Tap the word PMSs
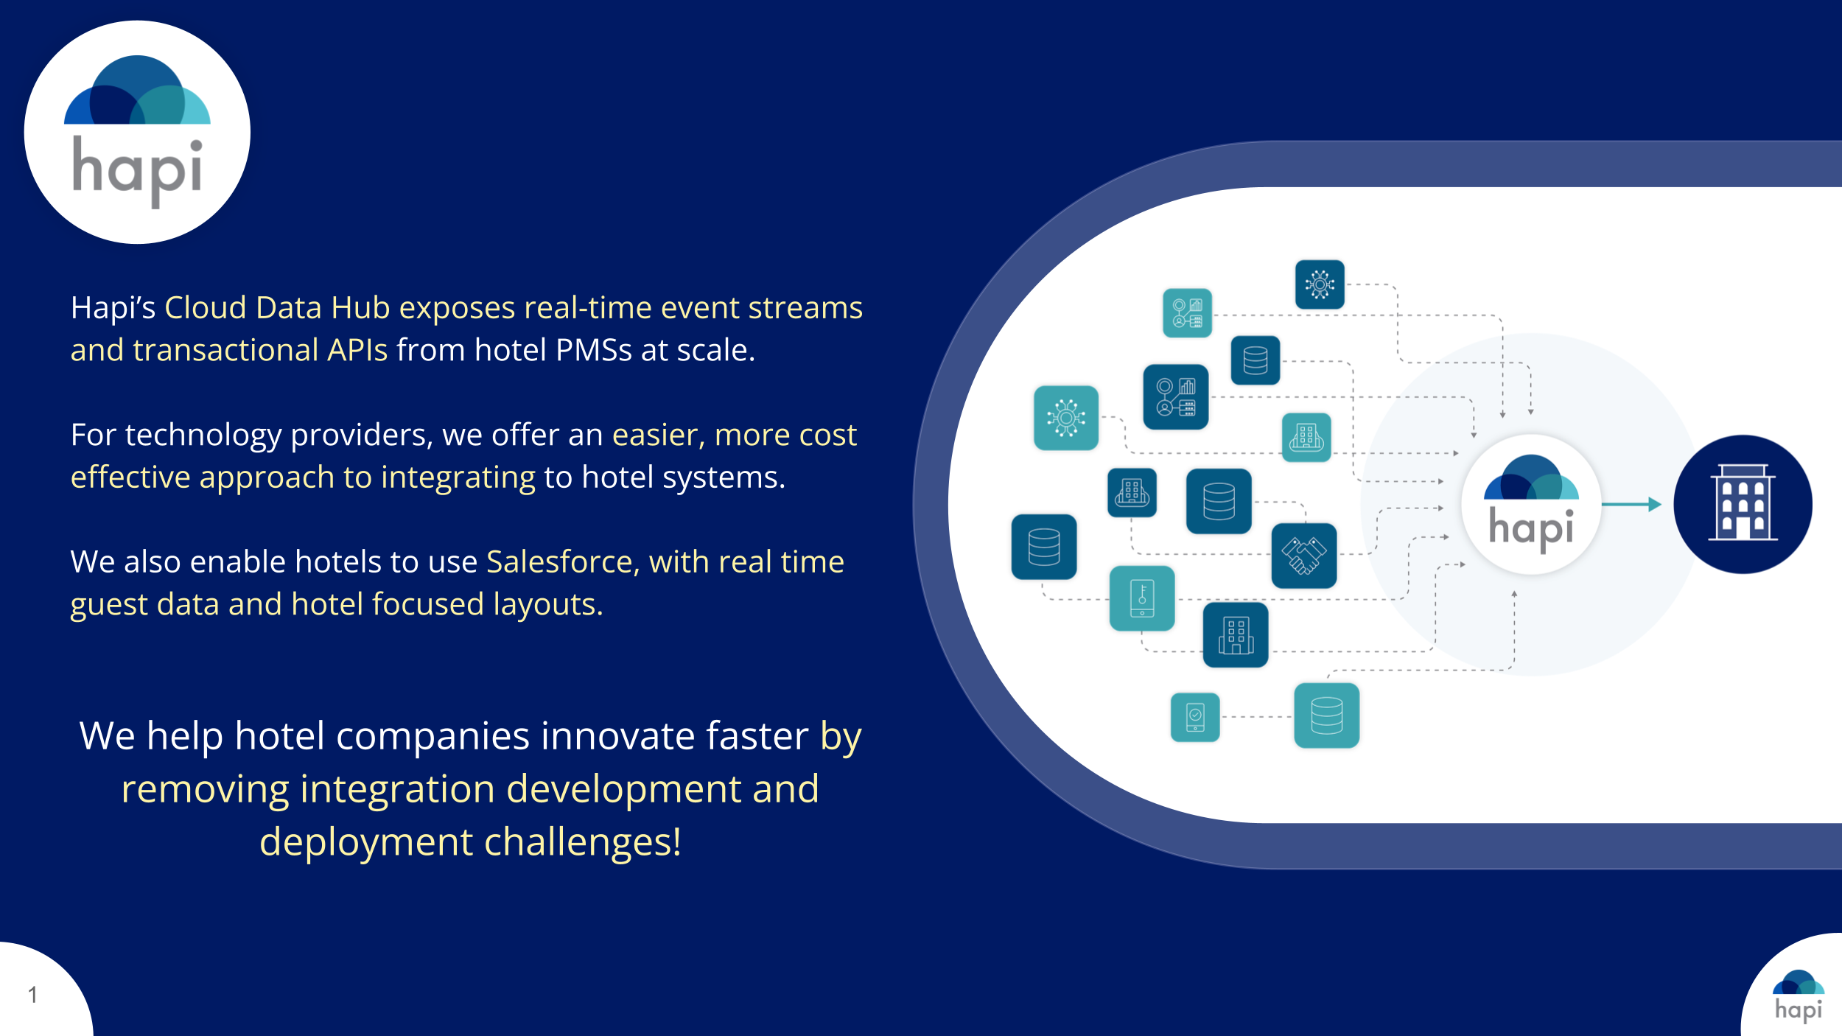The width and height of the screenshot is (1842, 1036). pos(594,350)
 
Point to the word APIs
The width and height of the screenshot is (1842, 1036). pos(357,350)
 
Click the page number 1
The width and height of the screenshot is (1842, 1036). pos(32,995)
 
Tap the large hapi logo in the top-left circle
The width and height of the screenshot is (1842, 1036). pos(137,131)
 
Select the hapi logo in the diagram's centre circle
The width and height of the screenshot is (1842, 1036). pos(1531,504)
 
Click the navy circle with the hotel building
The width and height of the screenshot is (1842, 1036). pos(1743,504)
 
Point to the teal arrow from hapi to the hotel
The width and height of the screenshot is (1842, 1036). pos(1631,505)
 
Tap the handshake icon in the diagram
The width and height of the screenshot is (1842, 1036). pos(1304,556)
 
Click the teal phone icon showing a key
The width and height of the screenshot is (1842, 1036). pos(1142,598)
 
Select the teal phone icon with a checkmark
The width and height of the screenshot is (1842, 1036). pos(1195,717)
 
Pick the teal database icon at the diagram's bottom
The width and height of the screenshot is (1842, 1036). pos(1327,715)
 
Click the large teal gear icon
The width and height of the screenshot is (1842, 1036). pos(1066,418)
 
